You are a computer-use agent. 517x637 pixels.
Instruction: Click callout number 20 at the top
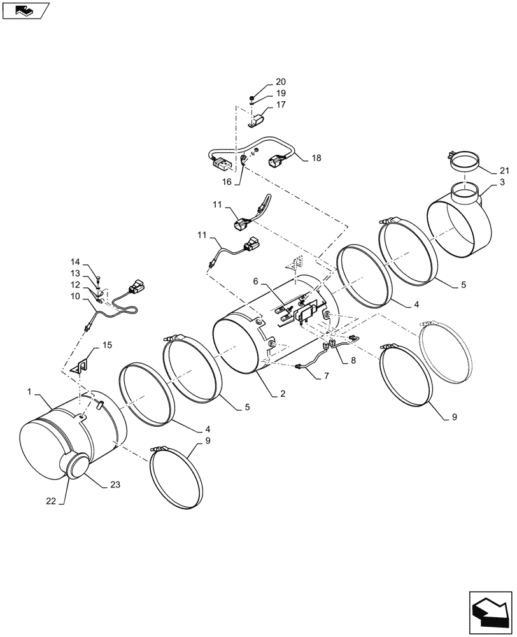281,82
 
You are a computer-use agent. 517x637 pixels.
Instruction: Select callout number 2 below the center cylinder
281,394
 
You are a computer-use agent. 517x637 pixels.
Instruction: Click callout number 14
76,262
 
